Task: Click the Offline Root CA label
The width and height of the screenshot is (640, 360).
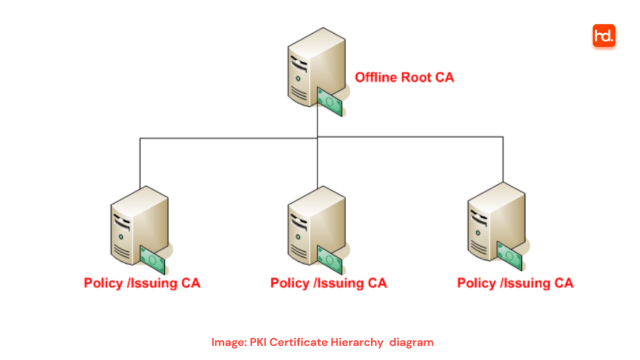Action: [404, 77]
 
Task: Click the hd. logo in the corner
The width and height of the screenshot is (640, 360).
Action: [604, 36]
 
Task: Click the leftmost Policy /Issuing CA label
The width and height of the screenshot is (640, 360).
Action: [142, 283]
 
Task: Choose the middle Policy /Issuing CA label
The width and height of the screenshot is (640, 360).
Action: [328, 283]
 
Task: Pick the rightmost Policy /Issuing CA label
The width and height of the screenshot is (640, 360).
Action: [515, 283]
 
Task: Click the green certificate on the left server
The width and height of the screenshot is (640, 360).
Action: [152, 259]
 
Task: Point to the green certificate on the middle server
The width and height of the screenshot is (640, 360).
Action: [329, 259]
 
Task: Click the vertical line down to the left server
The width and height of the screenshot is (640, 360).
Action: [139, 162]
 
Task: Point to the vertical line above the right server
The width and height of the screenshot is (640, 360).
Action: [502, 159]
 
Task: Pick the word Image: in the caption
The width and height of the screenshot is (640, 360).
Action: [229, 342]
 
